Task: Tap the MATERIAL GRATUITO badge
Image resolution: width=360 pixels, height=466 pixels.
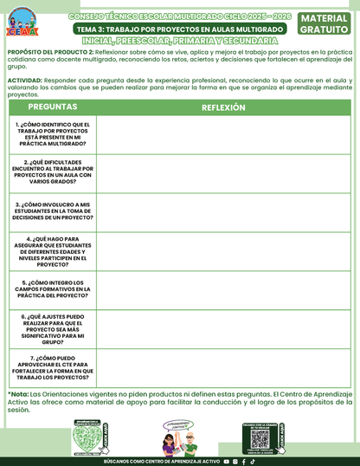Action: coord(325,23)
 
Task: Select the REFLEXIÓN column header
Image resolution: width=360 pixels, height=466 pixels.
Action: coord(223,107)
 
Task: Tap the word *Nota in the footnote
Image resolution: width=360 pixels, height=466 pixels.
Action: coord(17,392)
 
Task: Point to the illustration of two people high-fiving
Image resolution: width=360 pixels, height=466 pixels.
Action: coord(180,437)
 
